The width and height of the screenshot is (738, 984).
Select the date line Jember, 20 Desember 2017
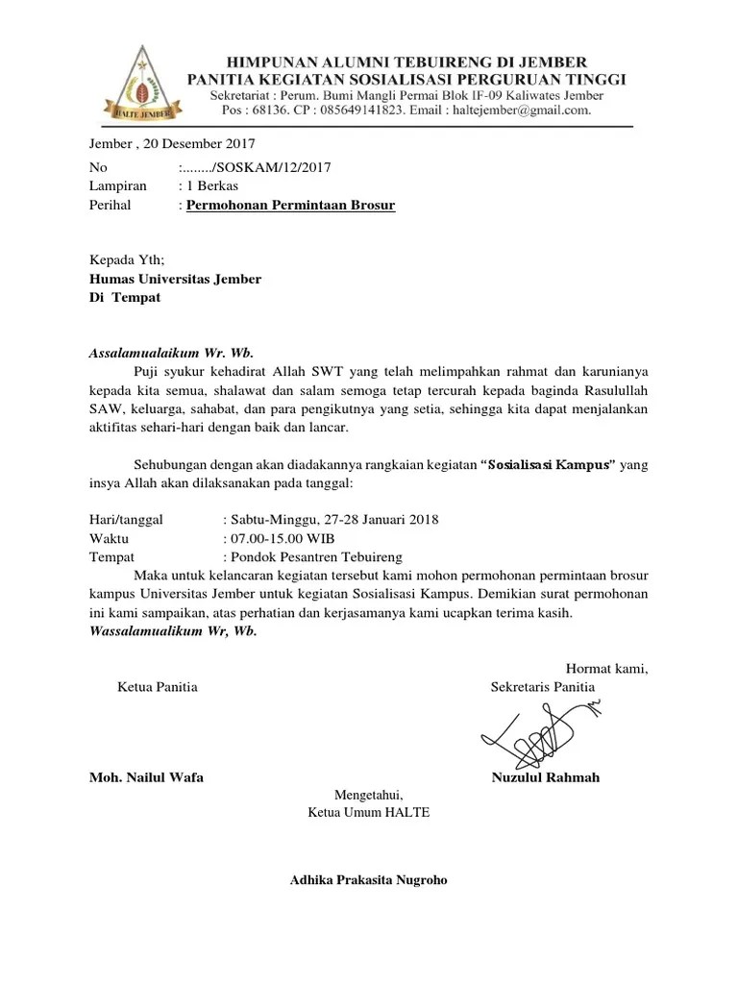pyautogui.click(x=172, y=144)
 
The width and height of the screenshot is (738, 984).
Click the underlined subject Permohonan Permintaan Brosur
pyautogui.click(x=290, y=206)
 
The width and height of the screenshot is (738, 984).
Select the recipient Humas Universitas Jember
pyautogui.click(x=175, y=279)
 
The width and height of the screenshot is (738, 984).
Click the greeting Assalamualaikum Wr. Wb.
pyautogui.click(x=171, y=352)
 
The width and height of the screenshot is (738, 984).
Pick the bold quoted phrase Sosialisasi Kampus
pyautogui.click(x=547, y=465)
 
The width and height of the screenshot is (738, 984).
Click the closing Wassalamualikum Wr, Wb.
pyautogui.click(x=173, y=631)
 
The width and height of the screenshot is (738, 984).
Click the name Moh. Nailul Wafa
pyautogui.click(x=146, y=777)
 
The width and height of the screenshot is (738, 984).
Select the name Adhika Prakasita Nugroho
pyautogui.click(x=368, y=880)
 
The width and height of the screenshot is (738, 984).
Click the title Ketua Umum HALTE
pyautogui.click(x=368, y=813)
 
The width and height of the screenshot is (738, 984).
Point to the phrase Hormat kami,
pyautogui.click(x=606, y=669)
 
